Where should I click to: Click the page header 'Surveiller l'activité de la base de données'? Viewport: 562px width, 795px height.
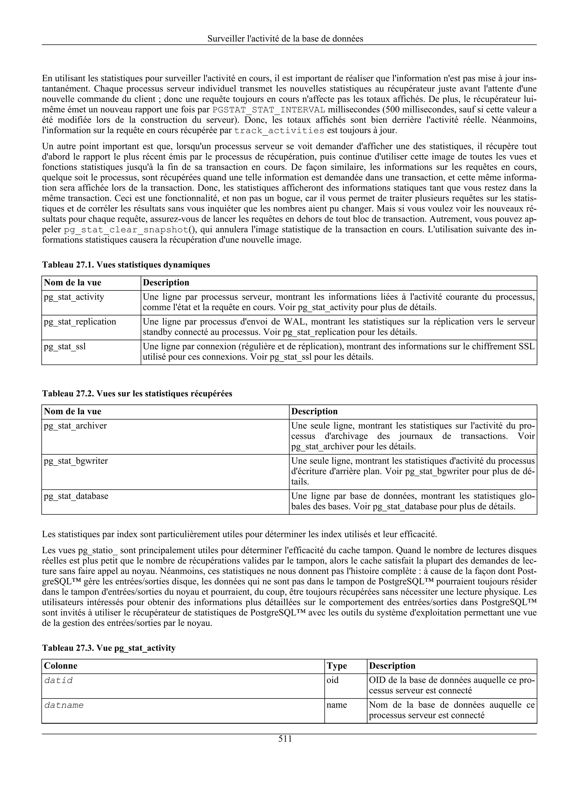click(x=285, y=39)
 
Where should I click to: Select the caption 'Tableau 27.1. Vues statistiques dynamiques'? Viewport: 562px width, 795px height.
click(x=126, y=265)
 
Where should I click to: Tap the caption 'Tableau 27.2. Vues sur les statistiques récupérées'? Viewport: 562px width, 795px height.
click(x=137, y=394)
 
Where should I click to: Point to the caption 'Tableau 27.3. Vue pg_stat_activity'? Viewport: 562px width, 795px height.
click(x=109, y=648)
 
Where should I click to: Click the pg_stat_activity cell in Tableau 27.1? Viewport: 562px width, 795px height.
click(x=74, y=297)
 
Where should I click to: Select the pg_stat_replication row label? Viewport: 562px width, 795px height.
click(x=80, y=322)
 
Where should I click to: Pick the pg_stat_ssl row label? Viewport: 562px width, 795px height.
click(x=65, y=346)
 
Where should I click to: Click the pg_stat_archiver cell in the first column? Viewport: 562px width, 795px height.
click(x=75, y=426)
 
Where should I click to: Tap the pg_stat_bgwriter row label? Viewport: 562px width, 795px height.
click(x=75, y=461)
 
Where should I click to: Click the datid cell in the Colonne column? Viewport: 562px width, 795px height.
click(x=58, y=680)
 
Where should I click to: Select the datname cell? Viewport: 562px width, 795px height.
click(x=64, y=705)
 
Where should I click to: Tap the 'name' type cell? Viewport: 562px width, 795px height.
click(x=337, y=705)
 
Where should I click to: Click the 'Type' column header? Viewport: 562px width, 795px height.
click(x=337, y=666)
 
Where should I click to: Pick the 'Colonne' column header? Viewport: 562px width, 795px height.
click(x=61, y=666)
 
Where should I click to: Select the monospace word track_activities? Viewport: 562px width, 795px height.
click(x=279, y=131)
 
